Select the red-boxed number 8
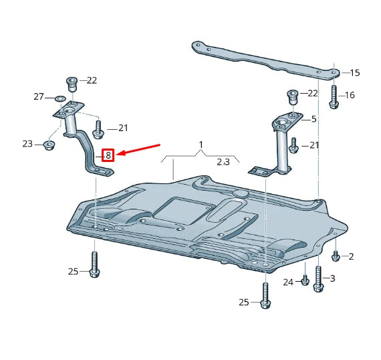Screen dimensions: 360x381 pyautogui.click(x=109, y=156)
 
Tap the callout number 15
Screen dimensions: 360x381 pyautogui.click(x=354, y=72)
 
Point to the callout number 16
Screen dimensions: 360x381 pyautogui.click(x=350, y=95)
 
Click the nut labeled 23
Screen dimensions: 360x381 pyautogui.click(x=49, y=144)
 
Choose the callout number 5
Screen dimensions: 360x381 pyautogui.click(x=313, y=119)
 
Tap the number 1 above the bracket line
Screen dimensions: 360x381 pyautogui.click(x=200, y=145)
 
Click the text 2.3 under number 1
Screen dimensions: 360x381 pyautogui.click(x=223, y=162)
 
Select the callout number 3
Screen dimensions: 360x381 pyautogui.click(x=332, y=278)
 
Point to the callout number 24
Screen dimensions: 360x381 pyautogui.click(x=288, y=282)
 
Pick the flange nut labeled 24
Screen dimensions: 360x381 pyautogui.click(x=304, y=280)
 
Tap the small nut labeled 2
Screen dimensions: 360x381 pyautogui.click(x=336, y=256)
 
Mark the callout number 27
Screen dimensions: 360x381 pyautogui.click(x=39, y=98)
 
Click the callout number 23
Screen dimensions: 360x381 pyautogui.click(x=27, y=144)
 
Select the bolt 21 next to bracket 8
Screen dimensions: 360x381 pyautogui.click(x=98, y=127)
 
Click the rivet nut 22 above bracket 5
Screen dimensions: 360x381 pyautogui.click(x=291, y=95)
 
